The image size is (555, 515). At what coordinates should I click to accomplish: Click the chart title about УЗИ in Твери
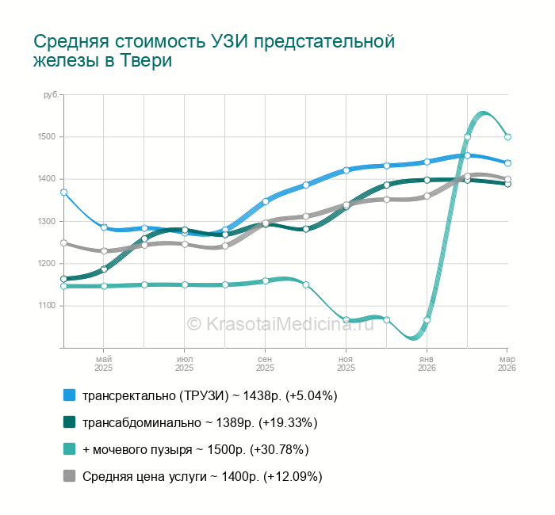[x=214, y=51]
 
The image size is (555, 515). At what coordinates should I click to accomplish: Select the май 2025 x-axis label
[x=103, y=363]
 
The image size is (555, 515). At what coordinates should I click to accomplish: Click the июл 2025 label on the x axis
[x=184, y=363]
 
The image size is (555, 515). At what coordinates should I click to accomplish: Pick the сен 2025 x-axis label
[x=265, y=363]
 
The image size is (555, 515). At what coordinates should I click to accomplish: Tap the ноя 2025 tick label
[x=346, y=363]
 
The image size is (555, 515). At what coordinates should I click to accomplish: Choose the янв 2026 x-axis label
[x=427, y=363]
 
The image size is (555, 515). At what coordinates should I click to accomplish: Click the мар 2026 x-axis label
[x=507, y=363]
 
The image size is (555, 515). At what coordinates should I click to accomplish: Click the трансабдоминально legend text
[x=200, y=422]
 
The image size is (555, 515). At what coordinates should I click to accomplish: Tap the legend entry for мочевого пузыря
[x=195, y=449]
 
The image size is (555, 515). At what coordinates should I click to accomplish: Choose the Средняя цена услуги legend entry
[x=202, y=476]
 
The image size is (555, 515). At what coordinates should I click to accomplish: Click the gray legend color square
[x=69, y=476]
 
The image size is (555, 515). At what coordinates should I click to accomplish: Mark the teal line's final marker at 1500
[x=507, y=137]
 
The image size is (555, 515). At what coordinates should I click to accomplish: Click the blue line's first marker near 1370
[x=63, y=192]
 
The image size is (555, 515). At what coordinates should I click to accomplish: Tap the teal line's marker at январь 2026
[x=427, y=320]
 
